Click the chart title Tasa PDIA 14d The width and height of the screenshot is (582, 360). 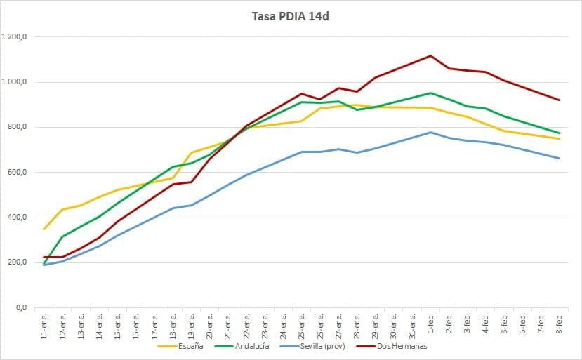click(290, 16)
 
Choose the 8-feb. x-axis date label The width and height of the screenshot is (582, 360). click(559, 324)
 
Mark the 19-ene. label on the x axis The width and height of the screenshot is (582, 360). click(192, 324)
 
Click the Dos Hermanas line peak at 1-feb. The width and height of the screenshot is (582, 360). click(430, 55)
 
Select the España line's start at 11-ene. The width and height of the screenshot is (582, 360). click(45, 229)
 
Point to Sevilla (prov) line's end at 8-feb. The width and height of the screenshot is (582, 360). click(559, 158)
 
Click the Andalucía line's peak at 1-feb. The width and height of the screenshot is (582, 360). click(430, 93)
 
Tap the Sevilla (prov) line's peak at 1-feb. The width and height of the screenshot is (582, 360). click(430, 132)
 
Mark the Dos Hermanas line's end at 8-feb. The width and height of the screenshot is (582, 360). click(559, 100)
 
